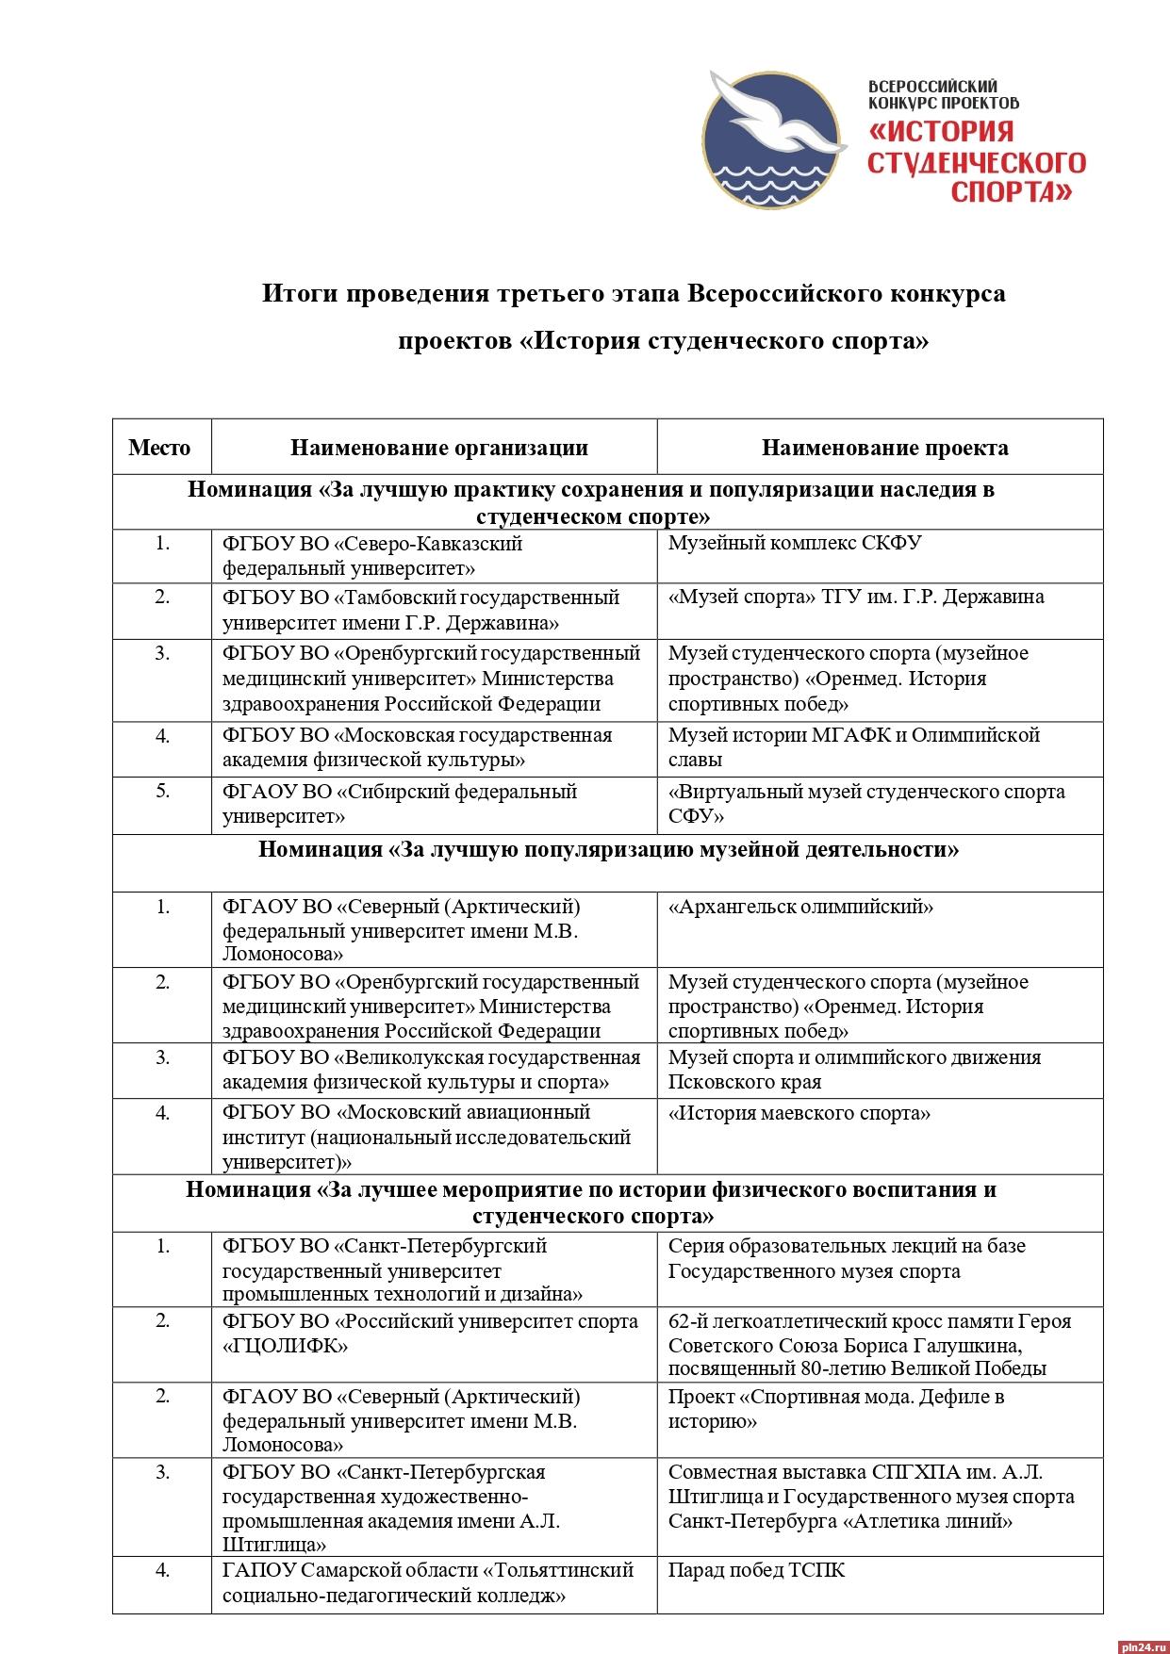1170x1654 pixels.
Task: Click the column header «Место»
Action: [159, 448]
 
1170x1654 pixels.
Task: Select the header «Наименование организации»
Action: [438, 448]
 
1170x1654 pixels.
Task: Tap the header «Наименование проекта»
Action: [884, 448]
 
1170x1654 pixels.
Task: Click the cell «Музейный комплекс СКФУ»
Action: [794, 544]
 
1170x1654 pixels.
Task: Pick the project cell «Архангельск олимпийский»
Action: [800, 908]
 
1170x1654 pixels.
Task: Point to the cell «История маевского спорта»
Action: [799, 1114]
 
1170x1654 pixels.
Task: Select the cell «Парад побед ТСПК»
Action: [756, 1571]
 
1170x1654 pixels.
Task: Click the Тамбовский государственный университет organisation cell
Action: [420, 610]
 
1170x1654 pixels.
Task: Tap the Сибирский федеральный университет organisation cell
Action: [399, 804]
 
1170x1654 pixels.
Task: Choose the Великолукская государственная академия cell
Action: [431, 1070]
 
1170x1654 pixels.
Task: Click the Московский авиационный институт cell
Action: [426, 1138]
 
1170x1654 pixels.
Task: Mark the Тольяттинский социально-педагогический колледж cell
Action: [427, 1583]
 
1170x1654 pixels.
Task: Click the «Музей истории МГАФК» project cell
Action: [853, 747]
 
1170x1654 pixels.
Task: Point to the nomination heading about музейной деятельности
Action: [608, 850]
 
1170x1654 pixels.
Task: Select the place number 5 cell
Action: [162, 792]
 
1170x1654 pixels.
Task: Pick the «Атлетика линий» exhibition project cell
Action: [870, 1497]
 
